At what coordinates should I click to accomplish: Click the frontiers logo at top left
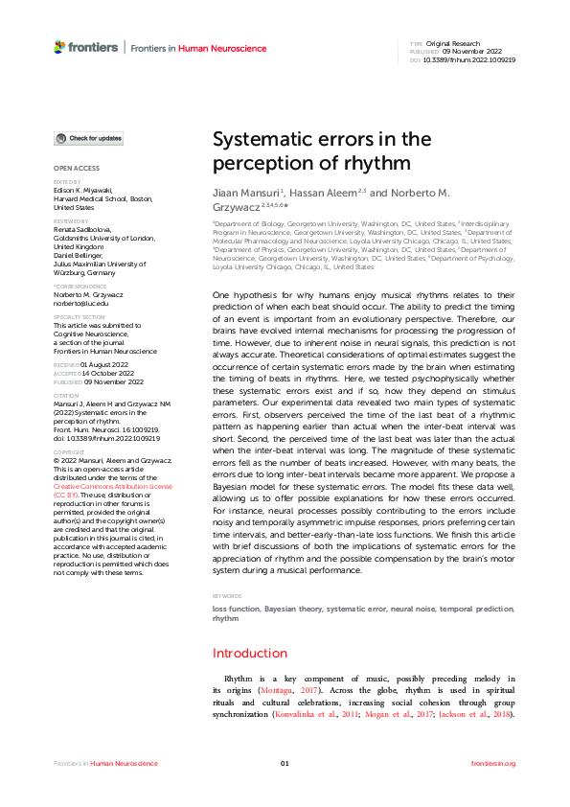pos(86,47)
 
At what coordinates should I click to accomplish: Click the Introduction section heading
pos(249,653)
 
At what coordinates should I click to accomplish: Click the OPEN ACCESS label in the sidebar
pos(76,168)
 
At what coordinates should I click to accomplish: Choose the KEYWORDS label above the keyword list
pos(228,596)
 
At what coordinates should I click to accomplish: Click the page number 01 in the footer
pos(285,763)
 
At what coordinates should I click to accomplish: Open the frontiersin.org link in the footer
pos(494,763)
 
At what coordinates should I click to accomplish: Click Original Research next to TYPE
pos(454,44)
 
